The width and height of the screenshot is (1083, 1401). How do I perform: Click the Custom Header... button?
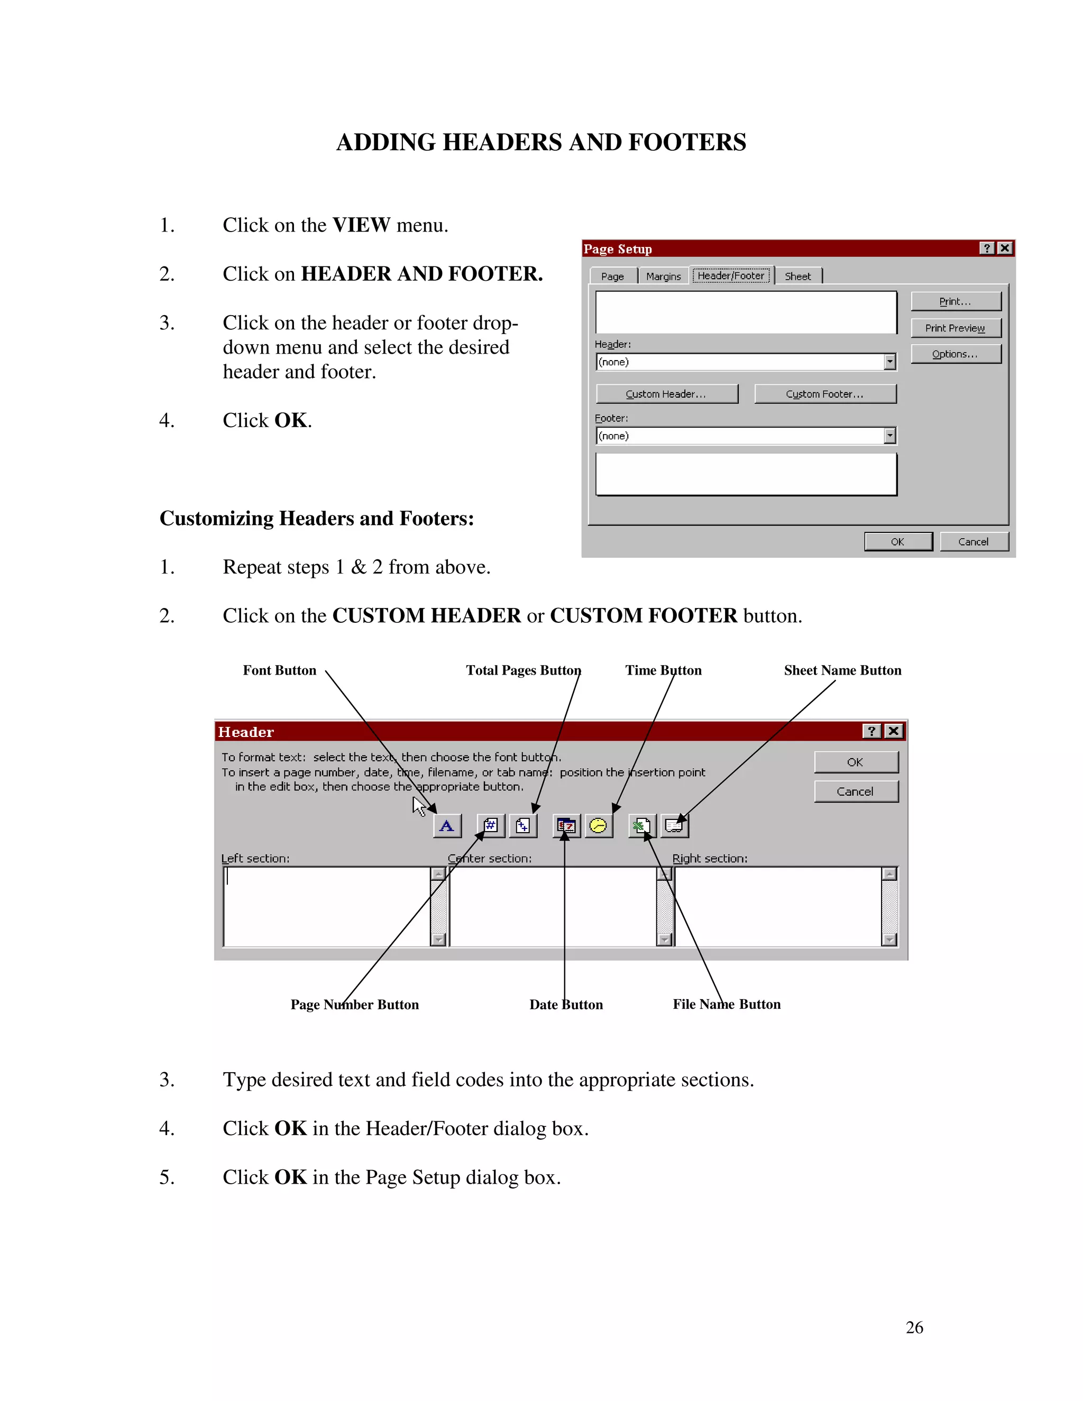(x=667, y=394)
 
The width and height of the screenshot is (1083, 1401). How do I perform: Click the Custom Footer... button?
(x=824, y=394)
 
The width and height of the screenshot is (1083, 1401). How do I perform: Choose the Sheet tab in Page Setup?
(x=797, y=276)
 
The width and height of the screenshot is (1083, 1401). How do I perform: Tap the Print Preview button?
(x=954, y=328)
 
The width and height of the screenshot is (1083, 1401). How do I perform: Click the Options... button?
(x=954, y=354)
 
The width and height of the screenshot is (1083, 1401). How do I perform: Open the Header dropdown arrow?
(x=889, y=362)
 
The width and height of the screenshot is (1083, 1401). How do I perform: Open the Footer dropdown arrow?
(x=889, y=436)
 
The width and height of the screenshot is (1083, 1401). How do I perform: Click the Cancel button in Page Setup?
(x=974, y=541)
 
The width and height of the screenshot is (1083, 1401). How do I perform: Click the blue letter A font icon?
(x=446, y=826)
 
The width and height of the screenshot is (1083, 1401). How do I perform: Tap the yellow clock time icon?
(x=598, y=826)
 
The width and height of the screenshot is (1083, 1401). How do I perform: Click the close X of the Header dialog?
(x=893, y=731)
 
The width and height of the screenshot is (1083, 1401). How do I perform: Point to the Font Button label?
(x=279, y=670)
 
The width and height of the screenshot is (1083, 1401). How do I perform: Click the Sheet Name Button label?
(x=842, y=670)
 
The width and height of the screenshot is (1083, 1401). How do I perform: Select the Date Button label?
(x=566, y=1004)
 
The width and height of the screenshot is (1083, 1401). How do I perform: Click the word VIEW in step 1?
(x=361, y=225)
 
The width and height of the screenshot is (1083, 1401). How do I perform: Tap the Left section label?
(x=255, y=858)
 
